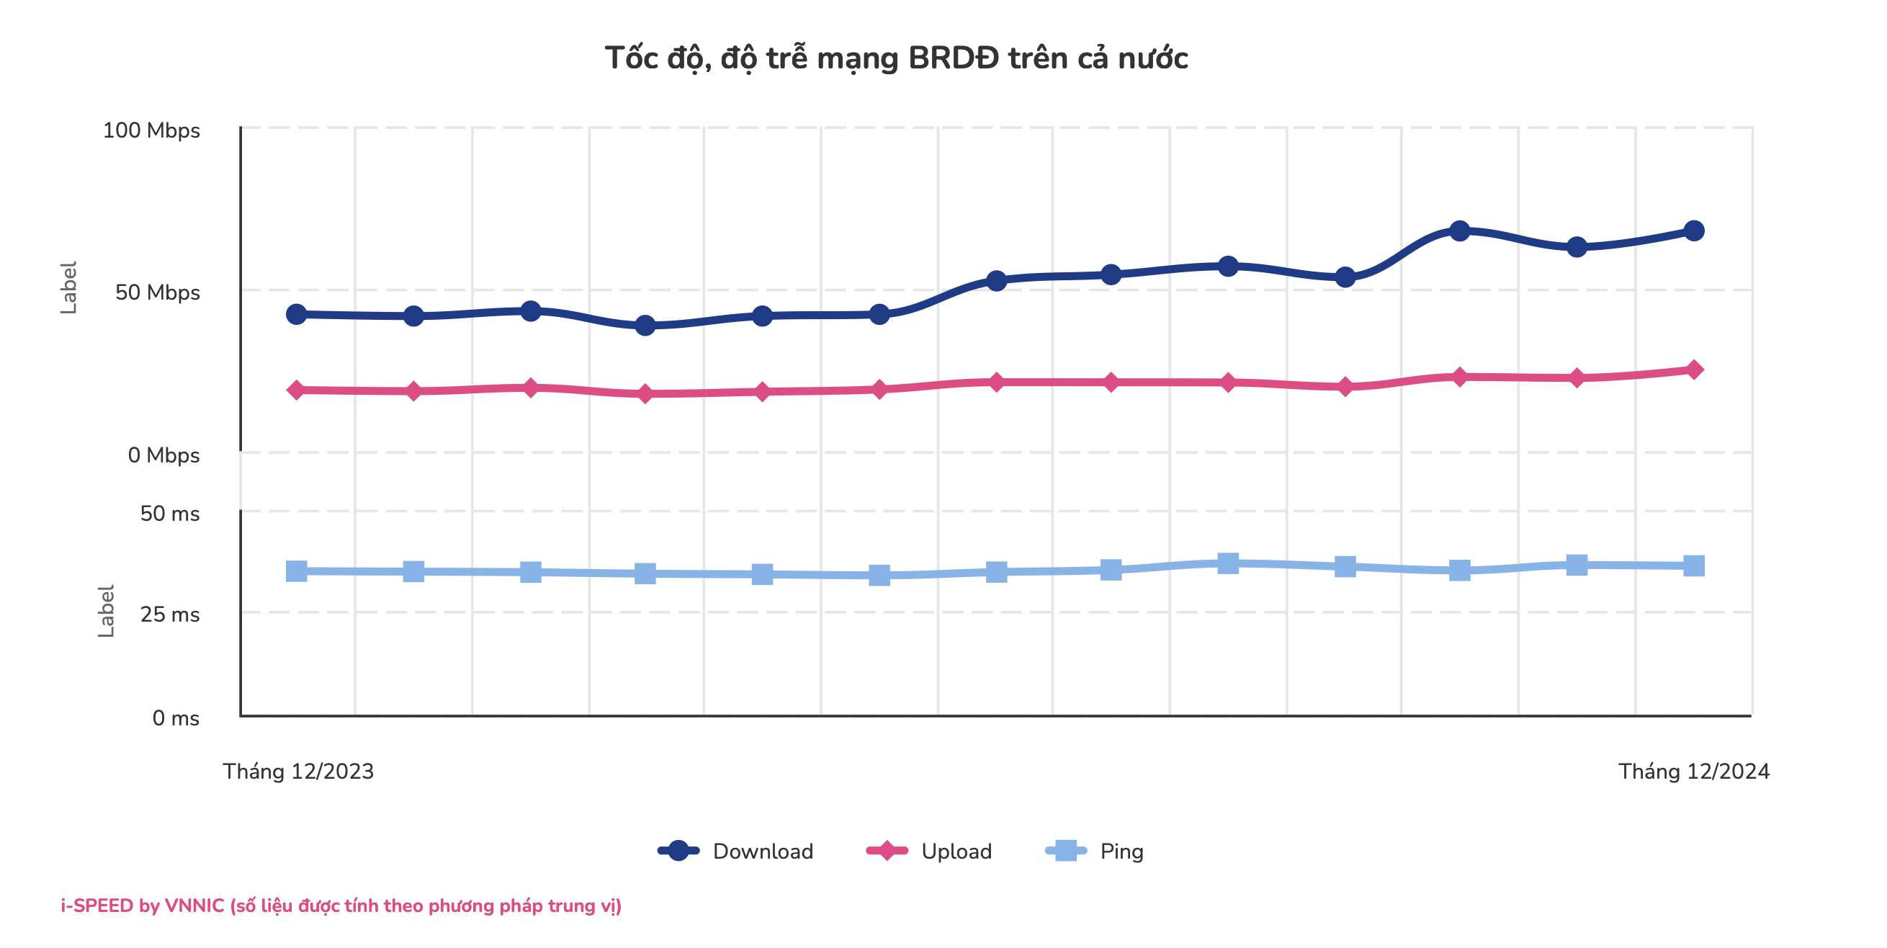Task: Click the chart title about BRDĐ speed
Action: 896,58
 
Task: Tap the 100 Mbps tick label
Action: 151,130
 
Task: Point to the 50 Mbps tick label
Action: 157,292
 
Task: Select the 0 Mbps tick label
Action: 163,455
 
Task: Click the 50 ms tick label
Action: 169,514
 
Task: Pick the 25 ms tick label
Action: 169,614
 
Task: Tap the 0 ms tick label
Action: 175,718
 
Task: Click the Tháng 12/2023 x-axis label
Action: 298,772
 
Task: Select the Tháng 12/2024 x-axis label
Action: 1693,772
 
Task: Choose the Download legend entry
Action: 735,851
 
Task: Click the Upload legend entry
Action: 929,851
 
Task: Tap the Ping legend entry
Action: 1095,851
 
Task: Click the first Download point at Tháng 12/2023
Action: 296,314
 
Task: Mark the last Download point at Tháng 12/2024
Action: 1693,231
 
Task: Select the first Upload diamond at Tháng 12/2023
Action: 296,390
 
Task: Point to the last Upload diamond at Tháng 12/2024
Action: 1693,370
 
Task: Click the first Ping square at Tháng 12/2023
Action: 296,571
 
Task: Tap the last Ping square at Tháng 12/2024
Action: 1693,565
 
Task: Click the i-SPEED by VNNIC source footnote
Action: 341,905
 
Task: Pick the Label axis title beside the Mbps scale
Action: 68,288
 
